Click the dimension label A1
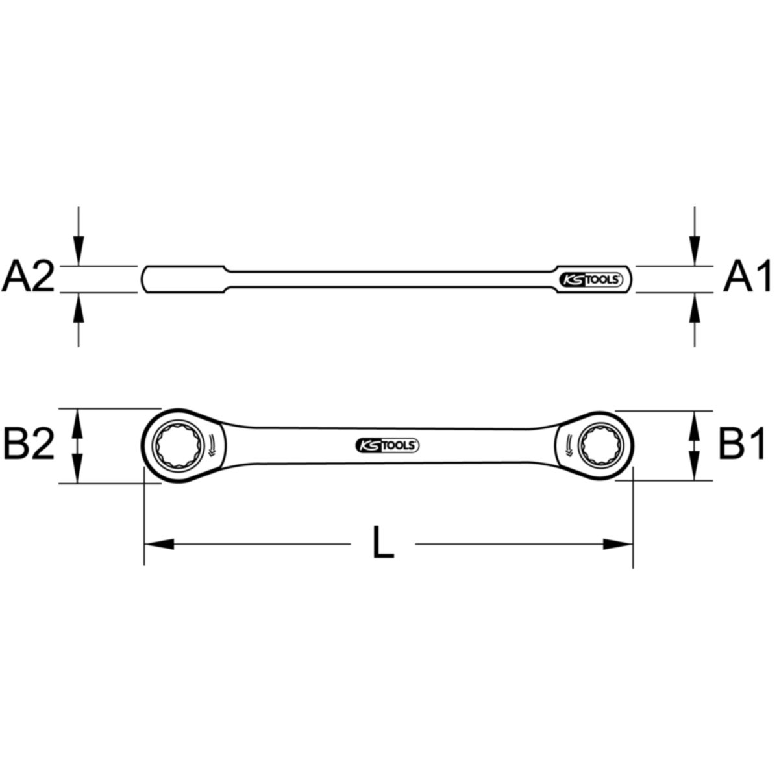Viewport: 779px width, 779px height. [x=747, y=278]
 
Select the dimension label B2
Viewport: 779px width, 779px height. [x=29, y=445]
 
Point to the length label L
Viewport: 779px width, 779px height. [x=383, y=544]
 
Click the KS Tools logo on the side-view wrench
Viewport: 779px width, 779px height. [x=591, y=279]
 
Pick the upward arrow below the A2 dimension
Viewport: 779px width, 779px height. [x=79, y=308]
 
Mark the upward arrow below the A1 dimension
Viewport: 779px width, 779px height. [x=695, y=308]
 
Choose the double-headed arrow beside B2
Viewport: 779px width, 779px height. [x=78, y=445]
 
